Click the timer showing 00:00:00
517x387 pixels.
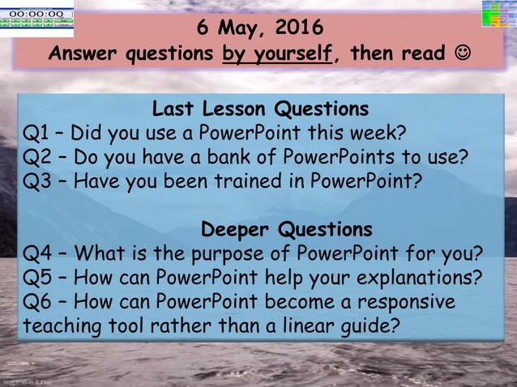pyautogui.click(x=37, y=15)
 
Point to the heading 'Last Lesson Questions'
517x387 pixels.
pyautogui.click(x=260, y=108)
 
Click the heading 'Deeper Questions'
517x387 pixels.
pyautogui.click(x=286, y=228)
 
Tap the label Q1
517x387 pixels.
pyautogui.click(x=37, y=132)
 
